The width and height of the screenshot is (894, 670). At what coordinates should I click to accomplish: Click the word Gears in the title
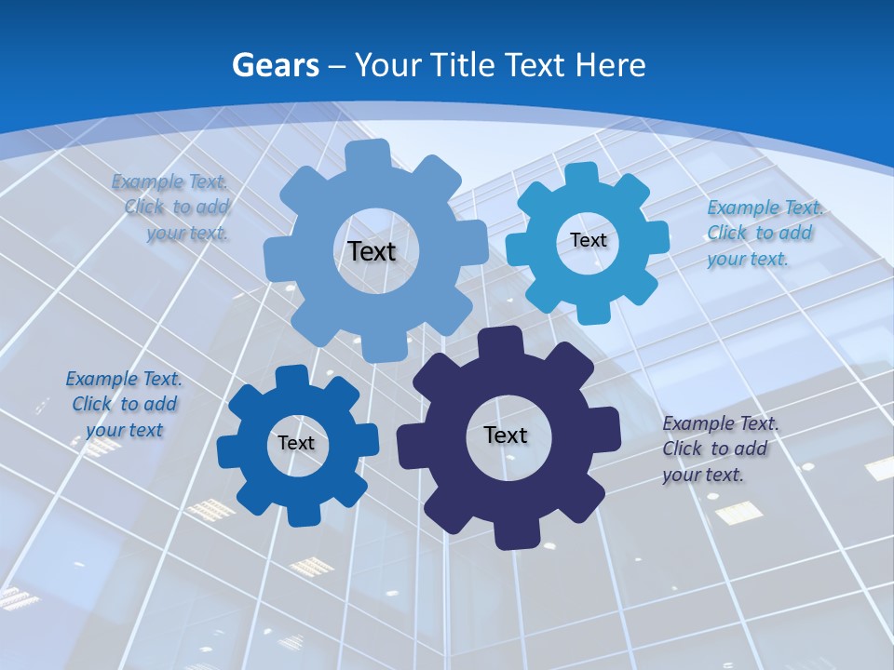tap(275, 65)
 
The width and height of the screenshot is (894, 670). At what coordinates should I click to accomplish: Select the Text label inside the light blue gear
tap(372, 251)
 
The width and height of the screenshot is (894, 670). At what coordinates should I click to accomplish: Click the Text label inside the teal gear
tap(588, 240)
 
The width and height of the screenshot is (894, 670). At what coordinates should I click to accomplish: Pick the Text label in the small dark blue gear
tap(296, 444)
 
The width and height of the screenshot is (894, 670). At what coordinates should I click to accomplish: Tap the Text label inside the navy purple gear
tap(506, 435)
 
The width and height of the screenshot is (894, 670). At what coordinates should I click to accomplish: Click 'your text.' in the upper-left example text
tap(187, 234)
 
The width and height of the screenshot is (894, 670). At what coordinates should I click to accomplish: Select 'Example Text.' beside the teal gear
tap(764, 208)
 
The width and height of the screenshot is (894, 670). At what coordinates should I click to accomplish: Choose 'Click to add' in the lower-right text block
tap(715, 449)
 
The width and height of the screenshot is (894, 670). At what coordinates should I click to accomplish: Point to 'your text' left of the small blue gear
tap(124, 430)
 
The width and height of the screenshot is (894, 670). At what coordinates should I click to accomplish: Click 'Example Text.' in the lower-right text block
tap(721, 423)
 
